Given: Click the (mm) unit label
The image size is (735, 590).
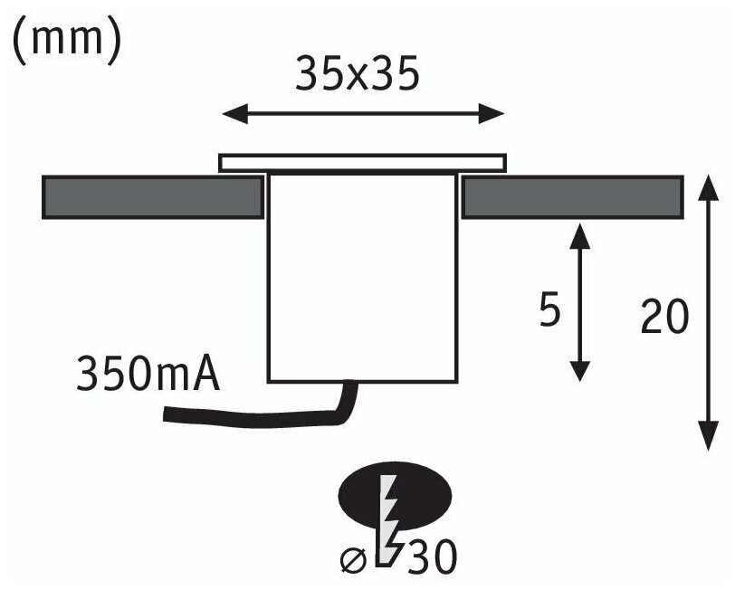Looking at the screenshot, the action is point(65,41).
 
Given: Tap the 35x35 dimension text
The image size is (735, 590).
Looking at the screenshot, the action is point(357,76).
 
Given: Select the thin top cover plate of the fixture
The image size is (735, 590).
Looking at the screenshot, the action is point(363,162).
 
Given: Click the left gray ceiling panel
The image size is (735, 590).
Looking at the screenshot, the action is point(154,196).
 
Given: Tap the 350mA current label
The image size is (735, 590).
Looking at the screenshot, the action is point(148,374).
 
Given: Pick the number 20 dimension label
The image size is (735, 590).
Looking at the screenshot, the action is point(665,318).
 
